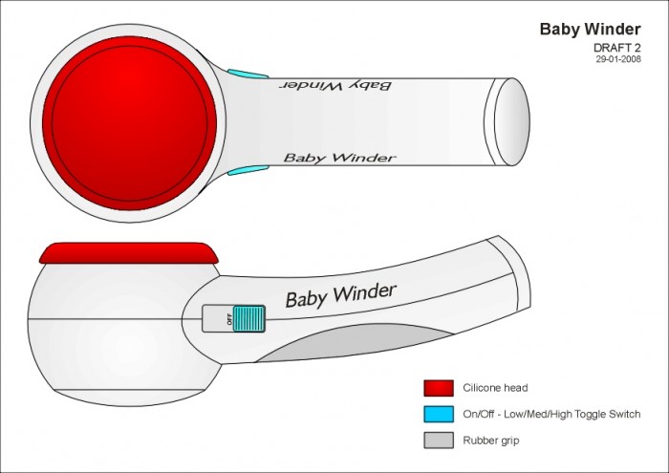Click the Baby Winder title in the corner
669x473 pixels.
(x=590, y=29)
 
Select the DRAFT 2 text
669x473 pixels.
(x=617, y=48)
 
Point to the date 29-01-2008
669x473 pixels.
(x=618, y=59)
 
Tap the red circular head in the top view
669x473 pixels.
(x=129, y=123)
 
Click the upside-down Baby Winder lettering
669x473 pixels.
(x=335, y=85)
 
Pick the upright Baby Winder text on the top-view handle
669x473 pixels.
(x=340, y=158)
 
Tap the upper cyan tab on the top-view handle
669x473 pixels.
(x=248, y=74)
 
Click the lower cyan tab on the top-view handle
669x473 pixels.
(x=248, y=171)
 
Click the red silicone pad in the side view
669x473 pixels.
(x=129, y=253)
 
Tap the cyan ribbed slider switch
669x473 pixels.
(x=249, y=318)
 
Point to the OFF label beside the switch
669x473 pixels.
(x=229, y=319)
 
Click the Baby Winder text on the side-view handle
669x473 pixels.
(x=341, y=295)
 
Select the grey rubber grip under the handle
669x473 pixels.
(x=355, y=342)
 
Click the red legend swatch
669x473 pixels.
(x=439, y=388)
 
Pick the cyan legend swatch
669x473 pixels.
(x=439, y=414)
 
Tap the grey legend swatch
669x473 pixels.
(x=439, y=441)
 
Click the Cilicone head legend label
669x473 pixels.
(x=495, y=388)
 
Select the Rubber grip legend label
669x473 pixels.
(x=491, y=441)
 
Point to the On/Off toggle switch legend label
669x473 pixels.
(x=551, y=414)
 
